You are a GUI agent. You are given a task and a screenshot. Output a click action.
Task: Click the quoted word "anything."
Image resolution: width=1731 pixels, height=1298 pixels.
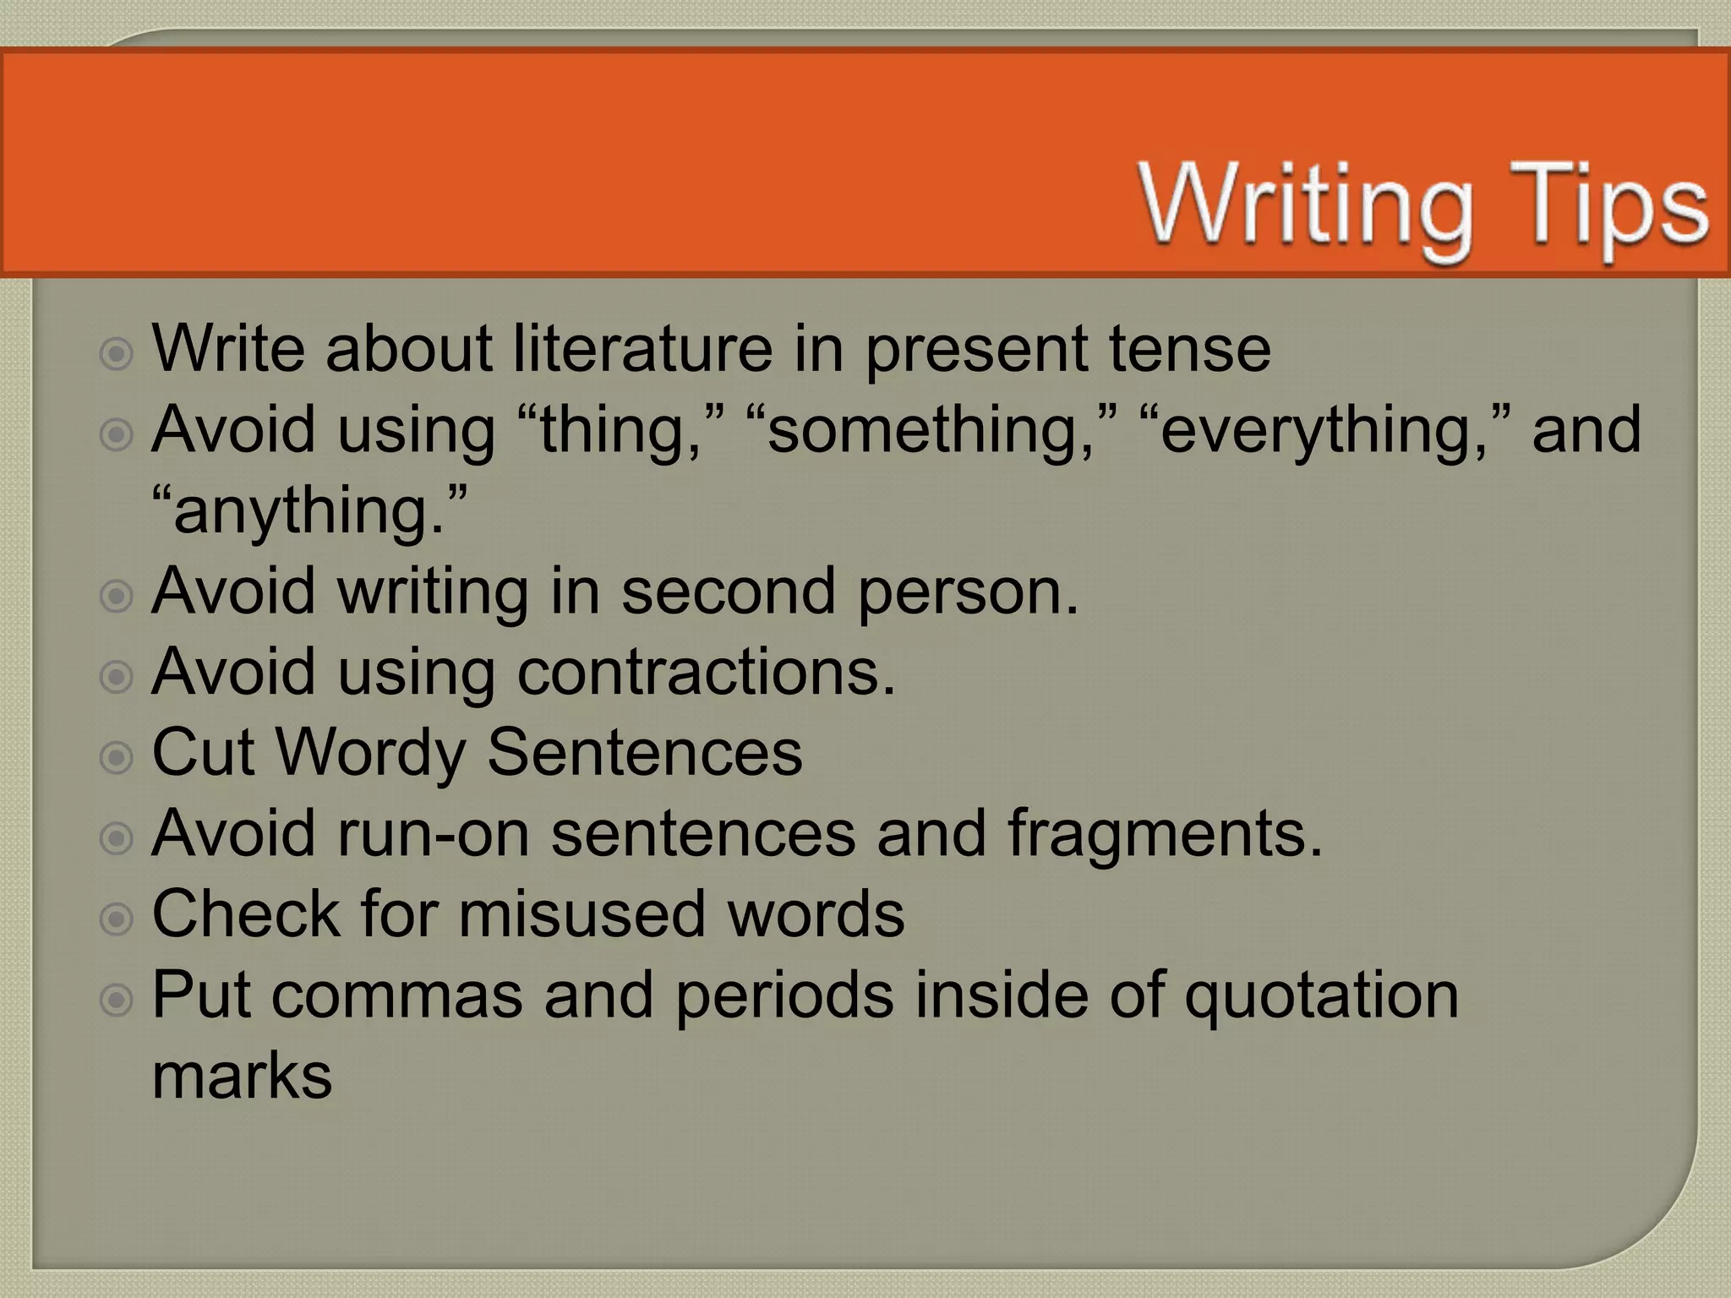(x=309, y=510)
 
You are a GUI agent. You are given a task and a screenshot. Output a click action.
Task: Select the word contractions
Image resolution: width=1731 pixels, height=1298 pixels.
(x=706, y=672)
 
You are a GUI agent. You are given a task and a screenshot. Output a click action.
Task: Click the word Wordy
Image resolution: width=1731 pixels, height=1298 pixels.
(x=370, y=753)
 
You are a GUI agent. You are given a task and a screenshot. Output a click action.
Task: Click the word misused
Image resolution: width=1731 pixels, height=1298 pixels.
(x=582, y=914)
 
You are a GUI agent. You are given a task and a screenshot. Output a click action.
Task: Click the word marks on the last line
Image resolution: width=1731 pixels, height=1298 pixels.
(x=242, y=1075)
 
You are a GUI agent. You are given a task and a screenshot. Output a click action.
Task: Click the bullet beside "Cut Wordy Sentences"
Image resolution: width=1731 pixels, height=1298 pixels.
(x=117, y=757)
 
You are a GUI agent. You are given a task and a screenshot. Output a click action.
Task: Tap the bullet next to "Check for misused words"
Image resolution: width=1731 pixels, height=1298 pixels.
(x=117, y=919)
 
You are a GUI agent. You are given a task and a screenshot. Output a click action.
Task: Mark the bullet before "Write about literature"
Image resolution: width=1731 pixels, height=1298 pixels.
(x=117, y=354)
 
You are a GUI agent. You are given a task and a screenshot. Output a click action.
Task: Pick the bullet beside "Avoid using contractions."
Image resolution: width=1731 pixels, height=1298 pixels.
(x=117, y=677)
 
